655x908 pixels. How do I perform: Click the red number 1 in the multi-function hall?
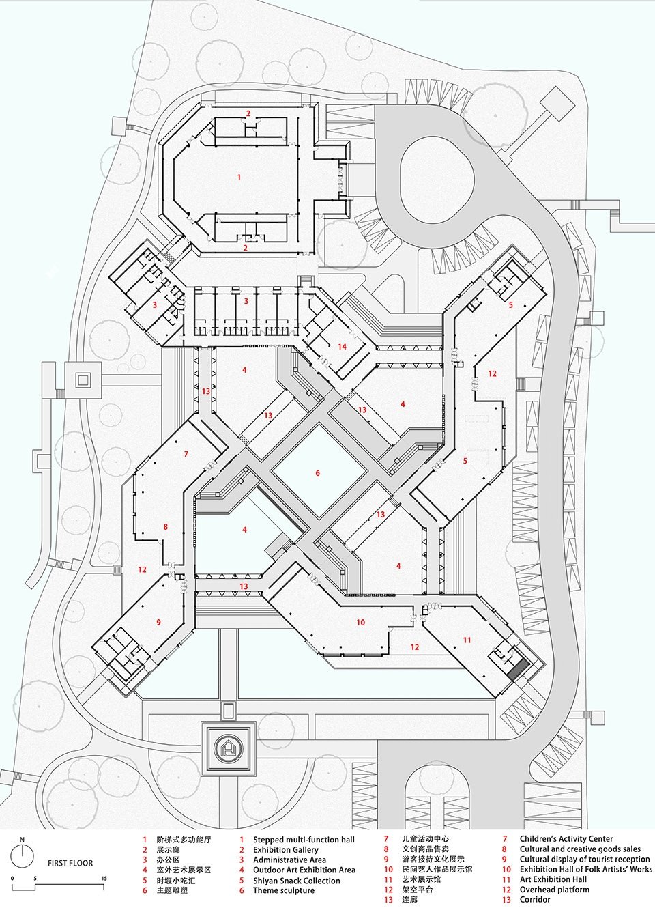tap(239, 178)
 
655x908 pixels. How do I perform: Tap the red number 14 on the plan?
tap(342, 347)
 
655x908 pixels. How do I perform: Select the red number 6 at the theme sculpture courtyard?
tap(317, 473)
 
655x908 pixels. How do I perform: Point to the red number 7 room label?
tap(186, 454)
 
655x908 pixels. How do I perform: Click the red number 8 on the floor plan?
tap(165, 527)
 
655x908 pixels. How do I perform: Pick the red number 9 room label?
tap(158, 622)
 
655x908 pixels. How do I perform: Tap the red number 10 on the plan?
tap(361, 622)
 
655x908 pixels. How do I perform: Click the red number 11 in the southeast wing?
tap(467, 640)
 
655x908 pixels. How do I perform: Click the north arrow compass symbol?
tap(23, 854)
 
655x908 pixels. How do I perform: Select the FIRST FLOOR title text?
tap(70, 863)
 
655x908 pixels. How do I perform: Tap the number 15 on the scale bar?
tap(104, 879)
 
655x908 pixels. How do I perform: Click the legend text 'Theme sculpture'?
tap(284, 890)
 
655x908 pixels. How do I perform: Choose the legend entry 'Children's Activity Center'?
tap(566, 839)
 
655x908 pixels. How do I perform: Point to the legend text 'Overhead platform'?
tap(554, 890)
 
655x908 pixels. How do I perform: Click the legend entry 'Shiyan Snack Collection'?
tap(296, 881)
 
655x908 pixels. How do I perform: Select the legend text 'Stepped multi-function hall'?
tap(304, 840)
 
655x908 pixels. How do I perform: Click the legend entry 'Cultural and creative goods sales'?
tap(580, 849)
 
